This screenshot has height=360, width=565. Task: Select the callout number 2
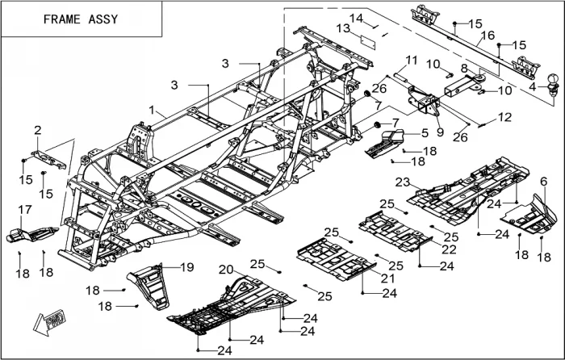pos(37,130)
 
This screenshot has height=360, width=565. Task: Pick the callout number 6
pos(543,182)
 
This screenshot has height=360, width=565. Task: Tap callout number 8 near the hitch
pos(464,68)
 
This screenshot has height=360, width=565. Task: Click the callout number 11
pos(412,60)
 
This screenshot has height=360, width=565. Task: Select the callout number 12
pos(504,118)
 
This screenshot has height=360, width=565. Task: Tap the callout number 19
pos(186,266)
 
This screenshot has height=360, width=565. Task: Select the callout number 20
pos(226,269)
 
